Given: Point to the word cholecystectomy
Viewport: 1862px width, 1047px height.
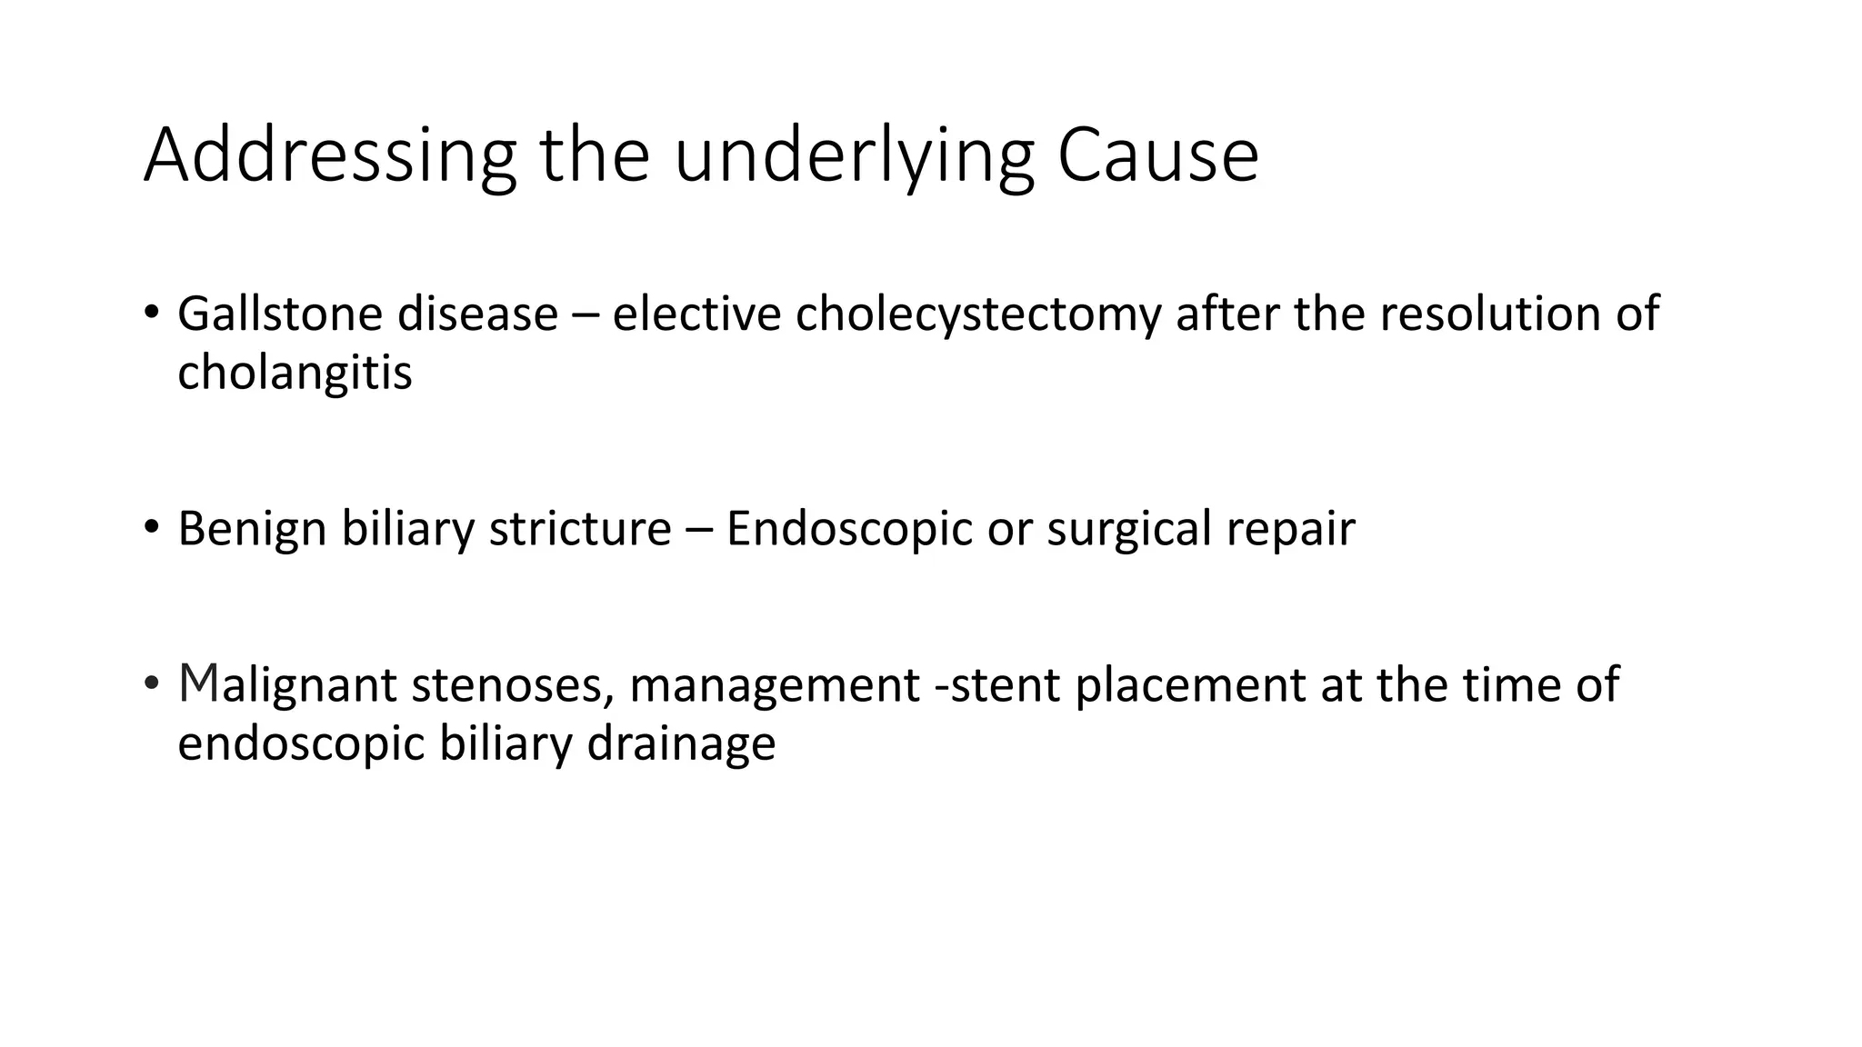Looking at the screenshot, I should click(x=978, y=314).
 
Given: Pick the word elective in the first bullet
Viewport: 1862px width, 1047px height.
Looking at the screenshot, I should click(x=696, y=314).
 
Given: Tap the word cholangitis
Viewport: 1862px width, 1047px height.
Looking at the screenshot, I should click(x=295, y=373).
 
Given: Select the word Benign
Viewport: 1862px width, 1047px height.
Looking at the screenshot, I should click(x=252, y=528).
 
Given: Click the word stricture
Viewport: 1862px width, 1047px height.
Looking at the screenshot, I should click(x=580, y=528).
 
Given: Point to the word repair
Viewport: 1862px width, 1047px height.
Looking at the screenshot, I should click(x=1291, y=528).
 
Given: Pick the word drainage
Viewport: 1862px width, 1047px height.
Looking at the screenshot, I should click(x=681, y=743).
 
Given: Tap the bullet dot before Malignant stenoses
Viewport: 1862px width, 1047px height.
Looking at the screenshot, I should click(x=152, y=682).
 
